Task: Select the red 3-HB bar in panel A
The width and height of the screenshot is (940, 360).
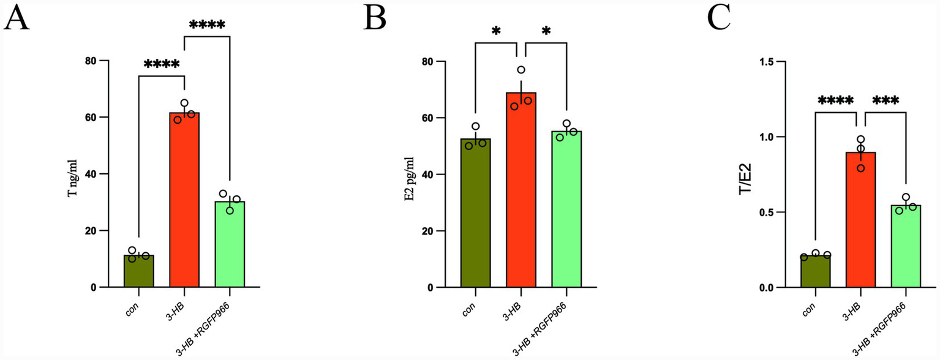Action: [x=184, y=202]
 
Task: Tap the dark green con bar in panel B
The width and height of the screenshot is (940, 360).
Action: [x=475, y=214]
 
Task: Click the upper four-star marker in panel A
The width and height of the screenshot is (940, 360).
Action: [x=207, y=26]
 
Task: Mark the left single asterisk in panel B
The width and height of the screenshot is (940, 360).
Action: [x=495, y=32]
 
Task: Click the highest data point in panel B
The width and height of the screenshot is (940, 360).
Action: [x=521, y=70]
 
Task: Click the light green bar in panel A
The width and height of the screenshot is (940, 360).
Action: [x=230, y=245]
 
